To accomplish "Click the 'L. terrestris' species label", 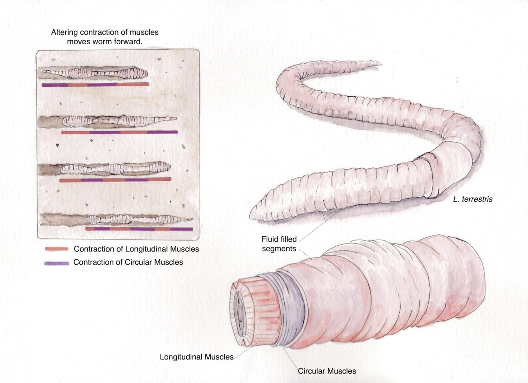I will pyautogui.click(x=473, y=199).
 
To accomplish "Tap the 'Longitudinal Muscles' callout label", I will pyautogui.click(x=197, y=357).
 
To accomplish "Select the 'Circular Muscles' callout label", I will pyautogui.click(x=327, y=371).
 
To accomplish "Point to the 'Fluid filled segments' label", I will pyautogui.click(x=279, y=244).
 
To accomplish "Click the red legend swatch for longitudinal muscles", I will pyautogui.click(x=56, y=249).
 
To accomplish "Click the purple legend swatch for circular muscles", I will pyautogui.click(x=56, y=263).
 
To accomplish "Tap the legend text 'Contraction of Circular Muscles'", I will pyautogui.click(x=128, y=262).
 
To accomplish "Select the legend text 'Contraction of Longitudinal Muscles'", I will pyautogui.click(x=136, y=249).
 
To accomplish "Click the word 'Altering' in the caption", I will pyautogui.click(x=64, y=32).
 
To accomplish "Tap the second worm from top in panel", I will pyautogui.click(x=117, y=120).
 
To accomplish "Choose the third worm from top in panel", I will pyautogui.click(x=115, y=168).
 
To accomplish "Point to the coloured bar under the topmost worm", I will pyautogui.click(x=95, y=85).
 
